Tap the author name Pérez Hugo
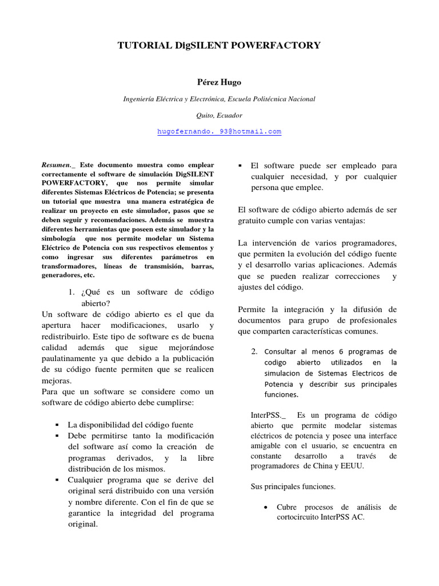coord(219,82)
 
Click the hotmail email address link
coord(219,131)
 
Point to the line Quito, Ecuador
coord(219,115)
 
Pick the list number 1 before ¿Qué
coord(71,292)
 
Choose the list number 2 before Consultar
coord(254,351)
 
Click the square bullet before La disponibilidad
coord(57,425)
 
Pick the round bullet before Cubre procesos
coord(266,508)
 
